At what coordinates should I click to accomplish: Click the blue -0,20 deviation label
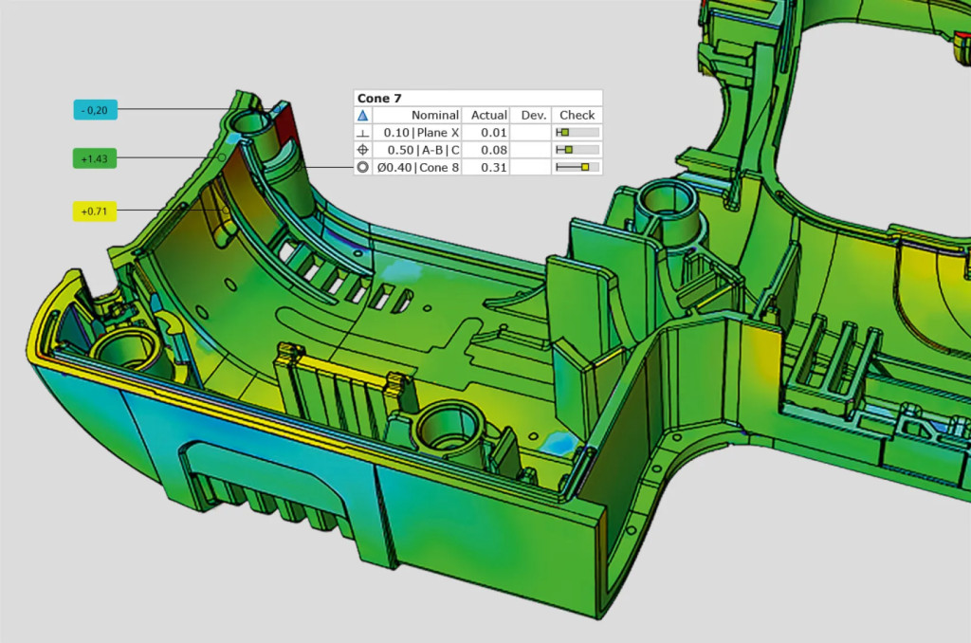coord(96,110)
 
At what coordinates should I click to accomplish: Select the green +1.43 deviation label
coord(95,158)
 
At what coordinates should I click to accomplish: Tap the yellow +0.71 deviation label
coord(95,211)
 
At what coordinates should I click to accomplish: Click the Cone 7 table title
coord(379,98)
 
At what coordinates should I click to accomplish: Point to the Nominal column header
coord(434,115)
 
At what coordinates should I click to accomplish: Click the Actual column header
coord(488,115)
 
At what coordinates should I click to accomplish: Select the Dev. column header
coord(533,115)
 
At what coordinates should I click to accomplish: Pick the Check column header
coord(577,115)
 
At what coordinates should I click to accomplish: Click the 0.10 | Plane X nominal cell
coord(421,133)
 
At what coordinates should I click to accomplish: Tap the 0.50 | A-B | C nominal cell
coord(424,150)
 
